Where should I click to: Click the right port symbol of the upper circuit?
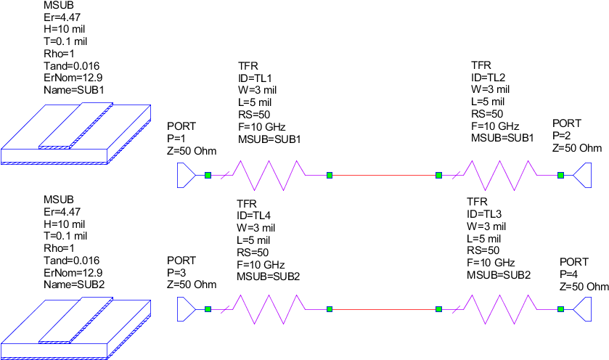tap(583, 175)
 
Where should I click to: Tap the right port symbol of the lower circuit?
tap(583, 309)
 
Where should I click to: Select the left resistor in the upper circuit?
tap(268, 175)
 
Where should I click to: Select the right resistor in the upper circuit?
tap(499, 175)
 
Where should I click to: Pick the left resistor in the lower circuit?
tap(268, 309)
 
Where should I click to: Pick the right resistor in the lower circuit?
tap(499, 309)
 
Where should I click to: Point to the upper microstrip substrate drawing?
tap(75, 134)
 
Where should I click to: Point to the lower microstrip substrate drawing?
tap(75, 328)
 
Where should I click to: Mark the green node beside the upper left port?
tap(208, 175)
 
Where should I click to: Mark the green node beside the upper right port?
tap(560, 175)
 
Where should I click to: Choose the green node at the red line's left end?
tap(330, 309)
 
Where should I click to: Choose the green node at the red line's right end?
tap(438, 309)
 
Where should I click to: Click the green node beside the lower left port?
tap(208, 309)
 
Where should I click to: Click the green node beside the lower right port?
tap(560, 309)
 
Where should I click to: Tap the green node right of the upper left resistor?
tap(330, 175)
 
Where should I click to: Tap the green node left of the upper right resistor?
tap(438, 175)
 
